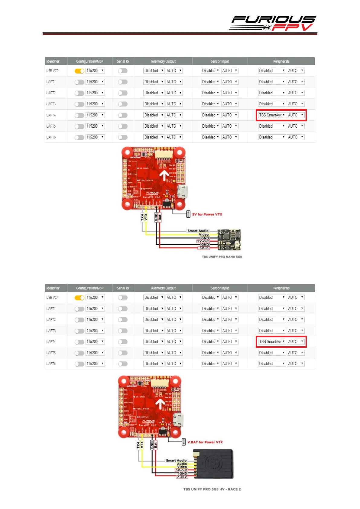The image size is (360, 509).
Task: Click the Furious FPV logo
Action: (x=273, y=23)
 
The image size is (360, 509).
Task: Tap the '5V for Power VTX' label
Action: (x=207, y=214)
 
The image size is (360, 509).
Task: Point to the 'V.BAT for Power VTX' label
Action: (x=205, y=442)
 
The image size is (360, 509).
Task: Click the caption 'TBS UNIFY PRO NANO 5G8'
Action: (x=222, y=257)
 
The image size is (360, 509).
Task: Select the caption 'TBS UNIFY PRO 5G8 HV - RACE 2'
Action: (x=212, y=489)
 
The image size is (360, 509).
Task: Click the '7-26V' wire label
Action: (x=182, y=477)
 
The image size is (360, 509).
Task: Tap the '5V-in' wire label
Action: (x=204, y=248)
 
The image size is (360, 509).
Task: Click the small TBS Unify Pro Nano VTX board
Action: (x=229, y=240)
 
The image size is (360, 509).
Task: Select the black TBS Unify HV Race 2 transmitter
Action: (x=214, y=464)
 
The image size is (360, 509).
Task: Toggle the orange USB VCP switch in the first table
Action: (x=79, y=71)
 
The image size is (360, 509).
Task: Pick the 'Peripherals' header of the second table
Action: (x=281, y=288)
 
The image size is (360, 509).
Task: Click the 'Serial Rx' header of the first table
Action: (x=123, y=61)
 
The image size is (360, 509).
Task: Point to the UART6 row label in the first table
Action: (x=51, y=137)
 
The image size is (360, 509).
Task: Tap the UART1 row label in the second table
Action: (x=51, y=309)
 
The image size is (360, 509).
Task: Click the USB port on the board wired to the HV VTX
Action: (x=178, y=420)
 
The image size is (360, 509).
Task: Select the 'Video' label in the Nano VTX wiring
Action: (x=204, y=234)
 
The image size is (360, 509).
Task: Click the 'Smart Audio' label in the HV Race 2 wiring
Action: (x=176, y=461)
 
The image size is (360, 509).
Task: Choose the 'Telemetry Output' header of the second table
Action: (x=163, y=288)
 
